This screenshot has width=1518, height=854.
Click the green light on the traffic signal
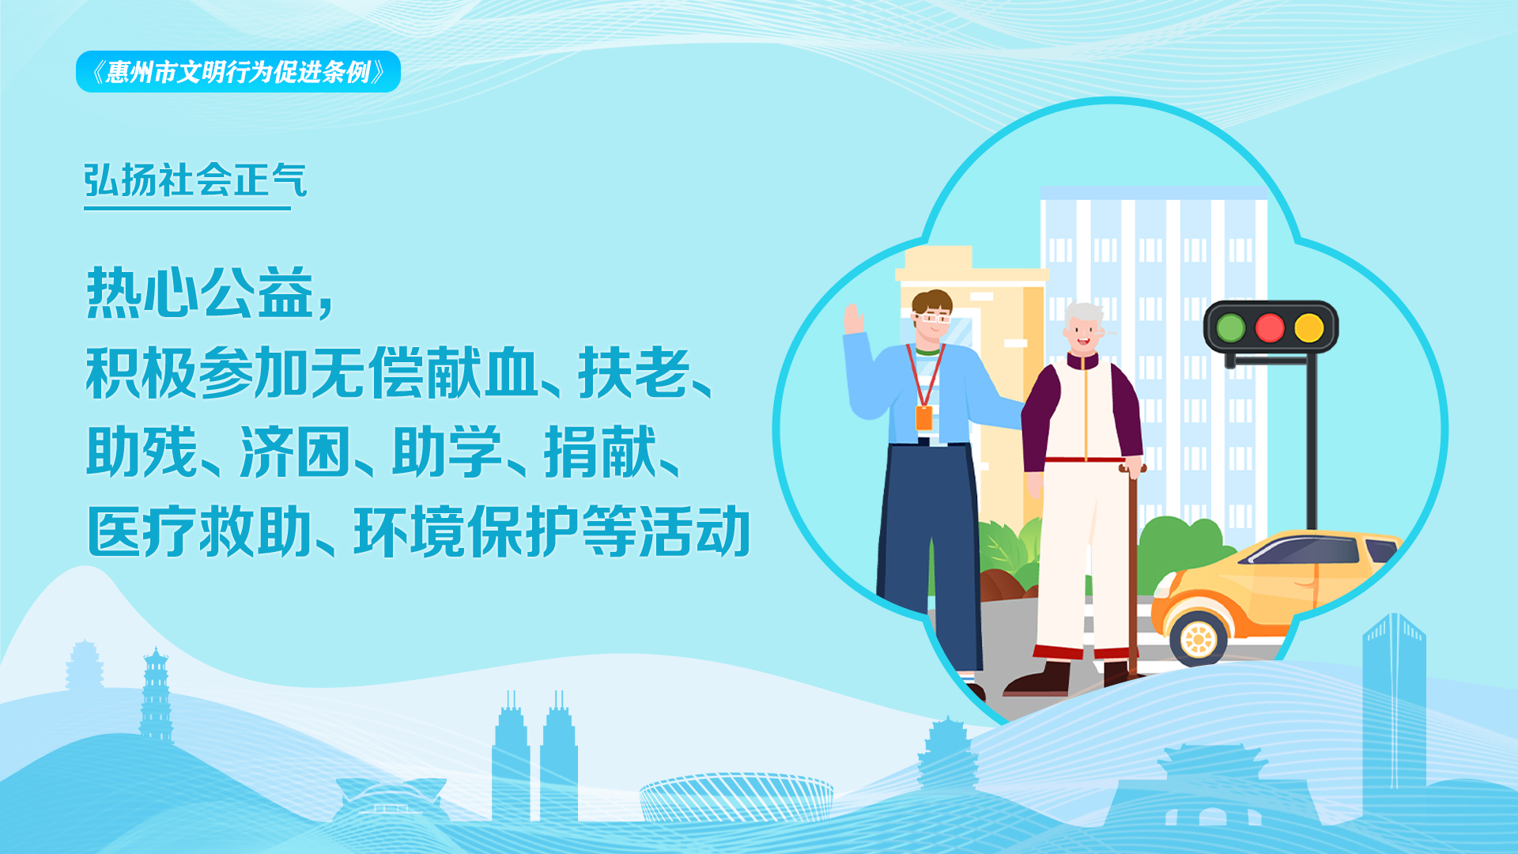coord(1230,327)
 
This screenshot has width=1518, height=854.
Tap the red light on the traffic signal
coord(1270,327)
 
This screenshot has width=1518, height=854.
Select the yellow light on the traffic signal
coord(1309,327)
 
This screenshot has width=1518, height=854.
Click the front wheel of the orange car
coord(1199,637)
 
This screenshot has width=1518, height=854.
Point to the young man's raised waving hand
coord(854,319)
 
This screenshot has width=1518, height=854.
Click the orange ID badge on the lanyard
coord(923,418)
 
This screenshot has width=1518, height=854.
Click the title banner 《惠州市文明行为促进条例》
coord(238,72)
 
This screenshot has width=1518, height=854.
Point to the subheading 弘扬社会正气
coord(195,180)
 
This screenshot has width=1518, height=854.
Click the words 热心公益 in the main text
coord(200,292)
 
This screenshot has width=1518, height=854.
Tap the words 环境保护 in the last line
coord(467,531)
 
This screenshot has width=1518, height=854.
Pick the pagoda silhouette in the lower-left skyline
coord(156,696)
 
